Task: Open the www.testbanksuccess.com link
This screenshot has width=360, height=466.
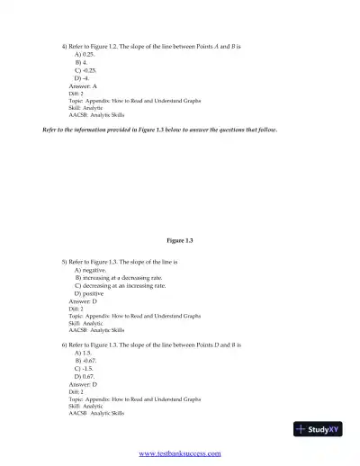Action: [179, 453]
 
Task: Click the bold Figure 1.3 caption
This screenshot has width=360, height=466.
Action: [180, 240]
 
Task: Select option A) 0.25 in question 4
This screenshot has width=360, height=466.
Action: [85, 54]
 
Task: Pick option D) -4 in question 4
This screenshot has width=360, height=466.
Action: [82, 78]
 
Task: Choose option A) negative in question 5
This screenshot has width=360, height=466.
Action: [90, 270]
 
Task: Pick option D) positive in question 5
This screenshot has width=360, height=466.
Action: [89, 294]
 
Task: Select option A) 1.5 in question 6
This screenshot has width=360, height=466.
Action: [83, 353]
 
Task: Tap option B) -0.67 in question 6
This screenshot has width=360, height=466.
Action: [85, 361]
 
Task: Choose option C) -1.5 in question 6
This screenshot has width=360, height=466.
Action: [84, 369]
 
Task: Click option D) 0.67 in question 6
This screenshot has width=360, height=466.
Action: [85, 376]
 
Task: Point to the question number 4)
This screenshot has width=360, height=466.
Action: [65, 45]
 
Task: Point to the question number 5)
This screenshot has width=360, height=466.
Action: [65, 262]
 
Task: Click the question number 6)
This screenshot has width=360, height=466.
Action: [65, 345]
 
